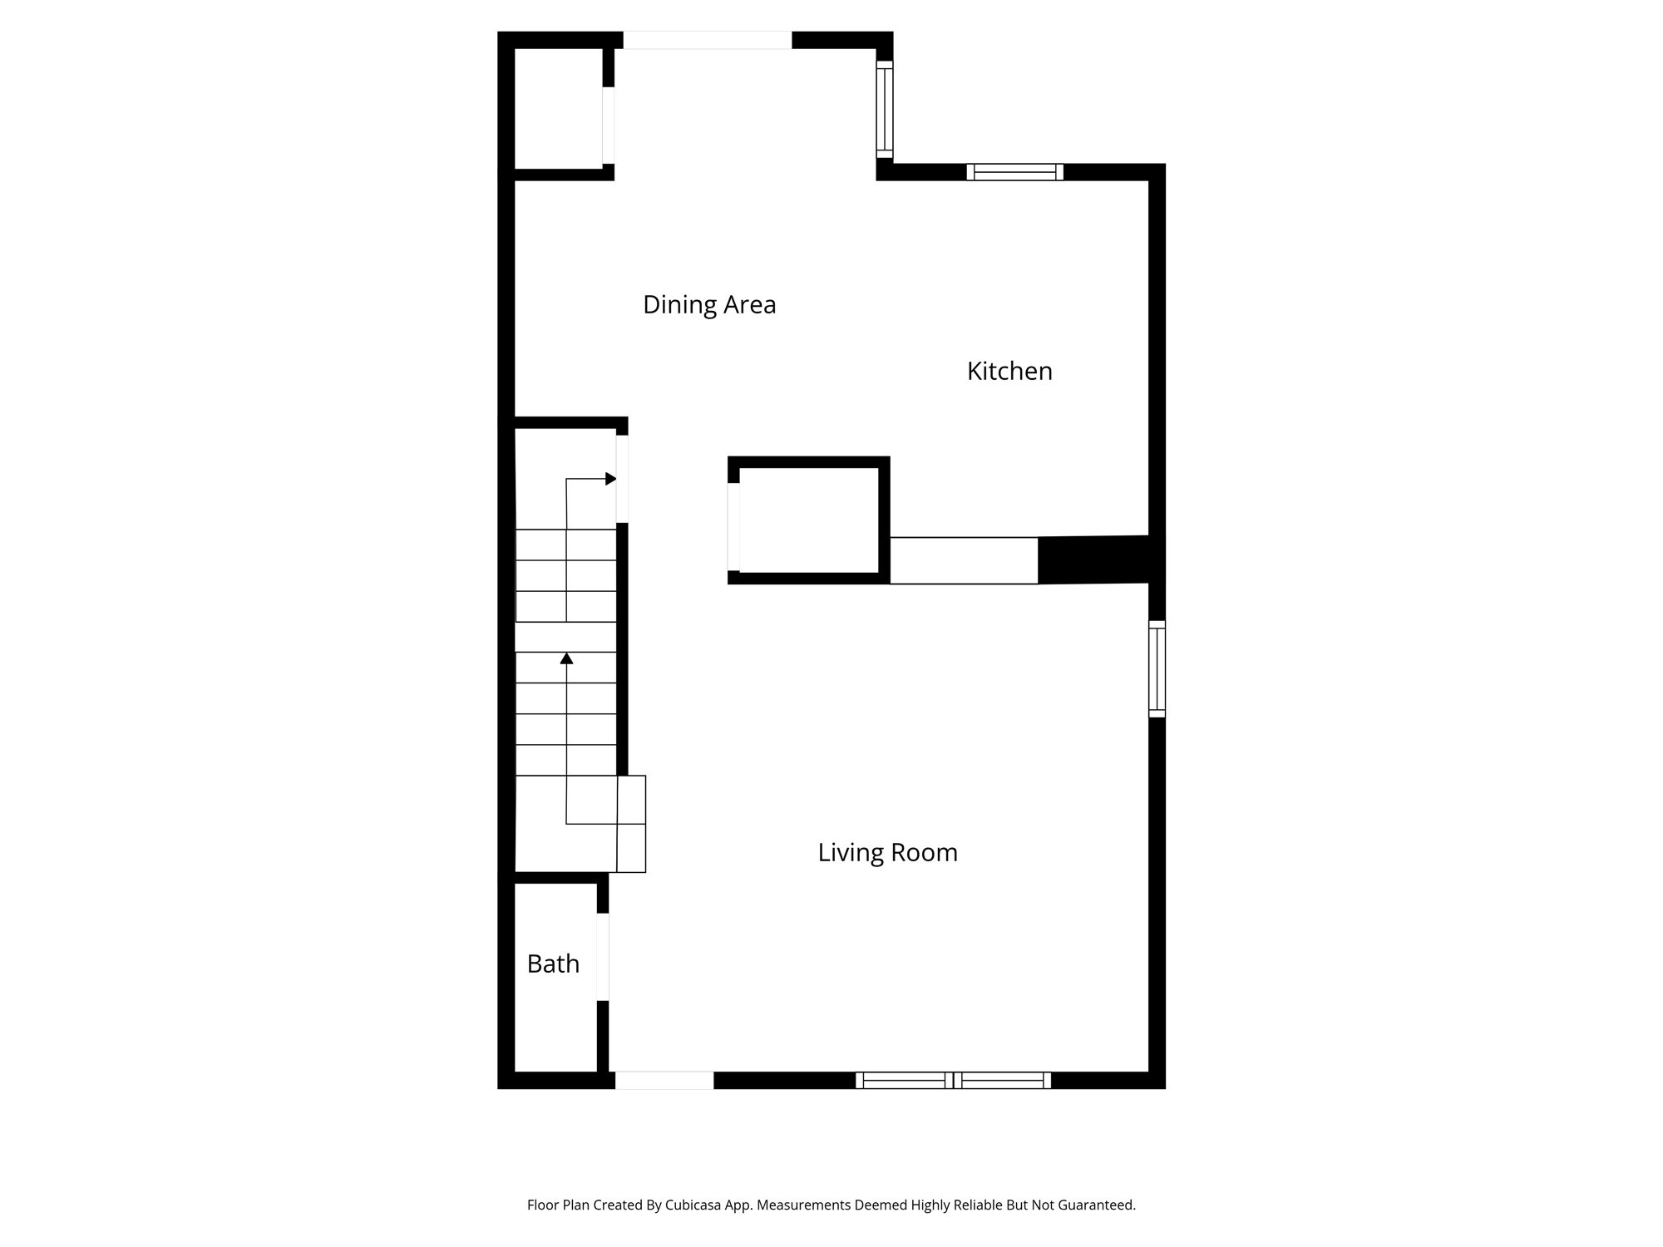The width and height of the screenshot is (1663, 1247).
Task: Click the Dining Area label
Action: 709,305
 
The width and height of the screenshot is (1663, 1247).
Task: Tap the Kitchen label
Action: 1009,372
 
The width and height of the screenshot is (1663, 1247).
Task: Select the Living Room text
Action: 887,853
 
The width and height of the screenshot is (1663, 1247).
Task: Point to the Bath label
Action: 553,964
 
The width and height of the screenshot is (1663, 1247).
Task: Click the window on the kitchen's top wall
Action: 1014,172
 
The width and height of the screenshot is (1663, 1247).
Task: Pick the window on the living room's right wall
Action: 1157,668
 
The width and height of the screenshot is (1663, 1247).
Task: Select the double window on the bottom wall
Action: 953,1080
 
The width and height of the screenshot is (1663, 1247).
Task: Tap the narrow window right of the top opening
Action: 885,109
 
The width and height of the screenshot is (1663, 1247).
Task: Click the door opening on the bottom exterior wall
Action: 664,1080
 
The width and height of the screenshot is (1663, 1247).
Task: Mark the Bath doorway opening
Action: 603,956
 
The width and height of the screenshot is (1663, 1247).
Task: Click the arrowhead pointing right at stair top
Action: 611,479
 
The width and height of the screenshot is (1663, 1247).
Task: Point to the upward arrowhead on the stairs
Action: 567,658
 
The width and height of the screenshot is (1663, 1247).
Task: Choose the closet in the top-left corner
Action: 558,108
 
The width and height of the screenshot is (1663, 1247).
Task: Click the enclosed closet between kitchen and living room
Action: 808,520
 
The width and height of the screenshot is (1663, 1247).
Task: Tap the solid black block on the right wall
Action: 1094,559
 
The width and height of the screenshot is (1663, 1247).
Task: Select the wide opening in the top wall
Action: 708,40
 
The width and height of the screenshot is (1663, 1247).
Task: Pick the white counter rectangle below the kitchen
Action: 964,560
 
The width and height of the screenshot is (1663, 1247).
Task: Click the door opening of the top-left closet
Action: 609,125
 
